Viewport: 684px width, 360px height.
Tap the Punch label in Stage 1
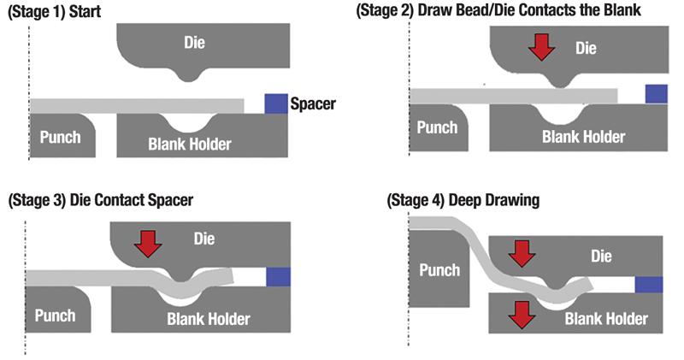57,137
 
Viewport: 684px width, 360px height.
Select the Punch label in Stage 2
439,128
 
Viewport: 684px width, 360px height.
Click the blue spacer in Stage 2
656,93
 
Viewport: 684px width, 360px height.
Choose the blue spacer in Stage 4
647,285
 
